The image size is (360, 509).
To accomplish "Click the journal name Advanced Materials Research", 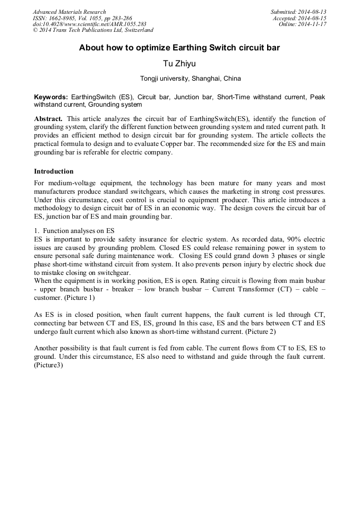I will click(69, 12).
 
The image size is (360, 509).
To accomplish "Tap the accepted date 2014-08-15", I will click(313, 18).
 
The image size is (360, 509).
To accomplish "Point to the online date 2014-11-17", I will click(313, 24).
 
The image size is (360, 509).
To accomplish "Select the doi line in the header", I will click(89, 24).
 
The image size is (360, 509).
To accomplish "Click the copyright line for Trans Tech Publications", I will click(93, 30).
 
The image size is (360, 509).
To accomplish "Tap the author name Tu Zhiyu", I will click(179, 64).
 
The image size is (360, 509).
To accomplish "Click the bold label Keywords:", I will click(51, 97).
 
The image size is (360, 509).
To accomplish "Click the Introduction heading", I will click(54, 171).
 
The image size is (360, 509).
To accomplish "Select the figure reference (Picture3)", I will click(48, 365).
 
